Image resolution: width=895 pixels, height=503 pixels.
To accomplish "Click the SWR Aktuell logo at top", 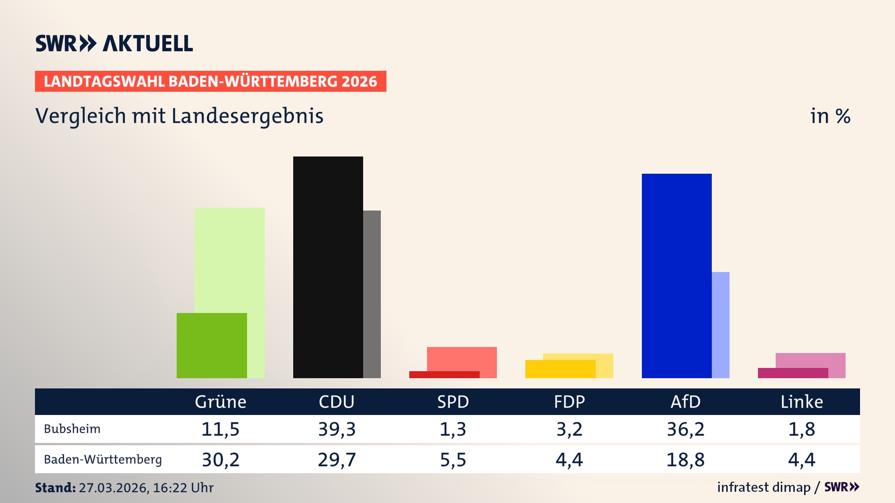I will pyautogui.click(x=114, y=43).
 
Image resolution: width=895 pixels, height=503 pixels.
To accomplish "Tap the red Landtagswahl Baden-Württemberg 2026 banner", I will pyautogui.click(x=210, y=82).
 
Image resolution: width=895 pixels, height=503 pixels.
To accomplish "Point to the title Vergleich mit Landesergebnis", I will pyautogui.click(x=179, y=116).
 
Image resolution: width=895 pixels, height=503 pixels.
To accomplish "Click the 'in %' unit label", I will pyautogui.click(x=830, y=116).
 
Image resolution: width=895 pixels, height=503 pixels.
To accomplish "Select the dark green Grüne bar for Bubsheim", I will pyautogui.click(x=212, y=345).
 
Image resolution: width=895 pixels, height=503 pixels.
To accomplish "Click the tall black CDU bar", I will pyautogui.click(x=328, y=267).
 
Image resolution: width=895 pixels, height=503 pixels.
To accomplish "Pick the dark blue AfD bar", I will pyautogui.click(x=676, y=276).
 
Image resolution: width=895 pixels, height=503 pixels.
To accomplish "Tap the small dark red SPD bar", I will pyautogui.click(x=444, y=374).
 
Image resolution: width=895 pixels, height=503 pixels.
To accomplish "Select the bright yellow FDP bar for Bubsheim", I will pyautogui.click(x=560, y=369).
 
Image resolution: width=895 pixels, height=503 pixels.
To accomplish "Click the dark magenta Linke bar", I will pyautogui.click(x=792, y=373).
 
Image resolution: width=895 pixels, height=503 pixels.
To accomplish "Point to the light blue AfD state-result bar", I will pyautogui.click(x=721, y=325).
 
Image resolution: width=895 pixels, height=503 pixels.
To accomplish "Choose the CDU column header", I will pyautogui.click(x=337, y=401).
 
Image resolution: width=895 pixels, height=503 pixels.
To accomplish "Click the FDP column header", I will pyautogui.click(x=569, y=401).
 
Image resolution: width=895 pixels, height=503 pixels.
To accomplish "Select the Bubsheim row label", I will pyautogui.click(x=72, y=429).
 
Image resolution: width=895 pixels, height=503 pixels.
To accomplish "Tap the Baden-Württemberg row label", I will pyautogui.click(x=103, y=460).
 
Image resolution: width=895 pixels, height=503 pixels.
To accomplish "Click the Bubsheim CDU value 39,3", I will pyautogui.click(x=337, y=429).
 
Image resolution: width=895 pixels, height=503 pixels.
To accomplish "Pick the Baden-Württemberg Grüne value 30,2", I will pyautogui.click(x=220, y=460).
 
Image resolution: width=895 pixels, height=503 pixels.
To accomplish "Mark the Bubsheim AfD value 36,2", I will pyautogui.click(x=685, y=429).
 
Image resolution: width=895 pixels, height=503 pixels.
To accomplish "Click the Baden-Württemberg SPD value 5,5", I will pyautogui.click(x=453, y=460).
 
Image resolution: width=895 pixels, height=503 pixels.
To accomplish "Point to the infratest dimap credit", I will pyautogui.click(x=764, y=487).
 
